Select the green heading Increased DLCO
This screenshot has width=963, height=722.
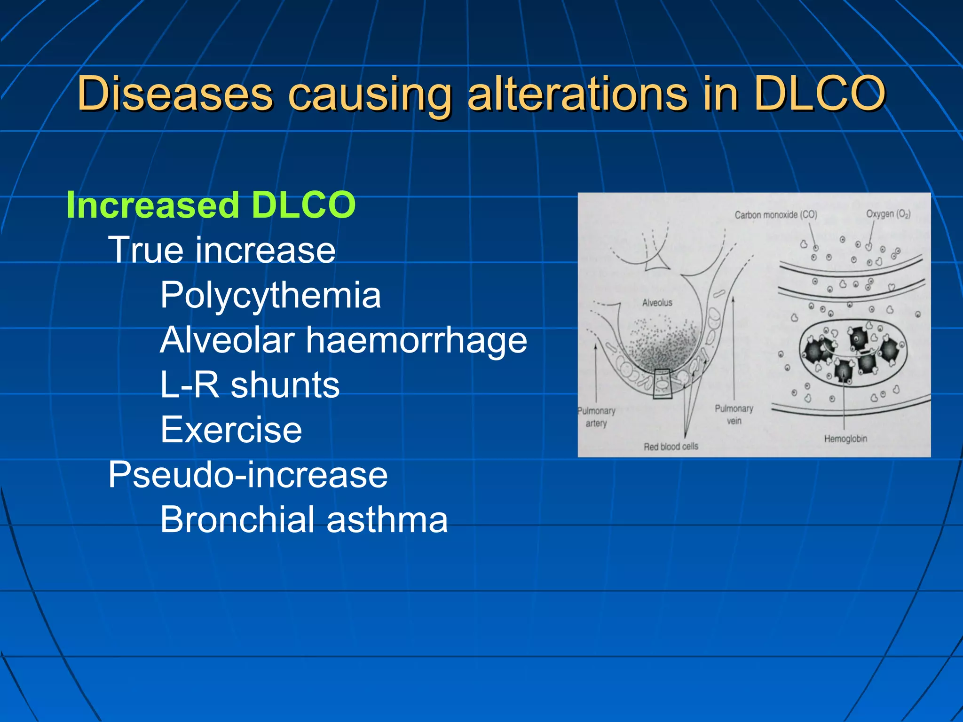point(211,205)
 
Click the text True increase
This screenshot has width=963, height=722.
point(222,250)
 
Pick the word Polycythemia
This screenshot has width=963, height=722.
point(270,295)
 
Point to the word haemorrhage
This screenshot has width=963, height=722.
point(417,340)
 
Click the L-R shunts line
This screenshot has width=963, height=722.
point(250,385)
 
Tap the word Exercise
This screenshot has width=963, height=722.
point(231,430)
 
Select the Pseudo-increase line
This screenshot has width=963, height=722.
point(248,475)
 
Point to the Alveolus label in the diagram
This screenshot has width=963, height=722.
point(657,303)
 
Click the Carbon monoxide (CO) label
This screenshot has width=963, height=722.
point(776,215)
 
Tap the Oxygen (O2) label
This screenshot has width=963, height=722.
point(888,214)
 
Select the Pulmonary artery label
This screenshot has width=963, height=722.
point(596,417)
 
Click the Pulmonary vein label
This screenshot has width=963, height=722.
point(734,415)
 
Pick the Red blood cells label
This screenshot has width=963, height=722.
point(671,447)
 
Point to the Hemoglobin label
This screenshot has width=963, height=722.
point(845,439)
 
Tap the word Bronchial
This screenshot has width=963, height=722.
point(237,520)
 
